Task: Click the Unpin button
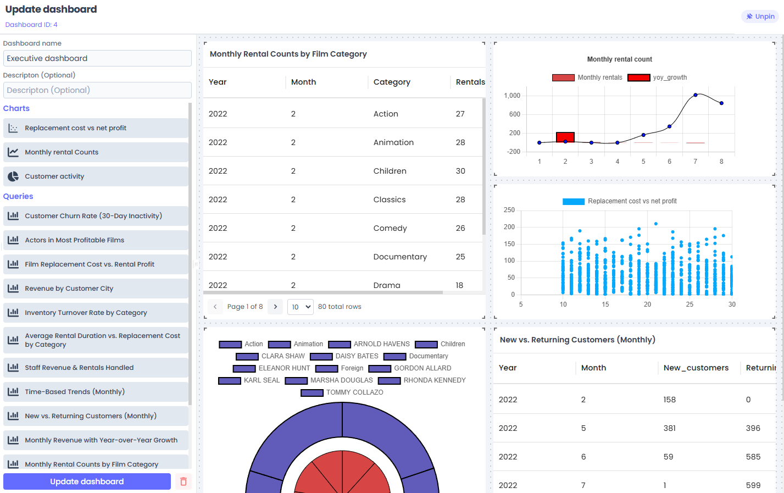(x=760, y=16)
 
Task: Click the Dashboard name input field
(x=97, y=58)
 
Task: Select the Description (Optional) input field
(x=97, y=90)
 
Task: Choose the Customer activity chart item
(x=96, y=176)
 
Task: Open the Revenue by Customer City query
(x=96, y=289)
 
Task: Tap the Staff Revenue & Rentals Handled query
(x=96, y=368)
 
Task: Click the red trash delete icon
(x=184, y=481)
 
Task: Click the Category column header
(x=392, y=82)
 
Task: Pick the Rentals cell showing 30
(x=460, y=171)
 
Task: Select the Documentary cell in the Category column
(x=400, y=257)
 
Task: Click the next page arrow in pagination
(x=275, y=307)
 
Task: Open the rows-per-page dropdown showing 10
(x=301, y=307)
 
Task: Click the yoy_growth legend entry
(x=657, y=77)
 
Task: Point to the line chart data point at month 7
(x=696, y=95)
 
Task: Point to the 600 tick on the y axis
(x=514, y=114)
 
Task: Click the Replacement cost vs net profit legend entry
(x=620, y=201)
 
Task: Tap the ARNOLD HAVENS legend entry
(x=369, y=344)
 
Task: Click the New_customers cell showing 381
(x=669, y=428)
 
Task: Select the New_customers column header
(x=696, y=368)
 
